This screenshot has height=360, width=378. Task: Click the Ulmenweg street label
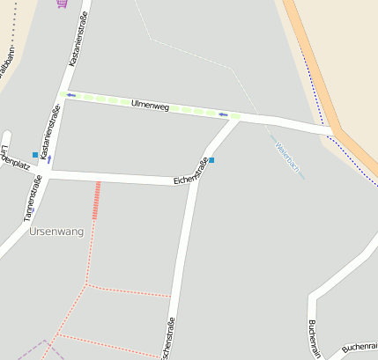[149, 106]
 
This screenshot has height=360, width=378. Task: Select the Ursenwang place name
[56, 231]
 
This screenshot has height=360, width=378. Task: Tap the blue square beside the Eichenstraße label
[211, 160]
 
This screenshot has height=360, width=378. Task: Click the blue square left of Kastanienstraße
[35, 155]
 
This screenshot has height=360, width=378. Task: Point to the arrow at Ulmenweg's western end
[70, 95]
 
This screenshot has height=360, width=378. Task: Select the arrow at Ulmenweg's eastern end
[224, 114]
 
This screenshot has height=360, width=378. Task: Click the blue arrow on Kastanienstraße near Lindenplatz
[48, 159]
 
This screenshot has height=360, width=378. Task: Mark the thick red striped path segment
[96, 201]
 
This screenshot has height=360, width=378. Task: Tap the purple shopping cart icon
[61, 3]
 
